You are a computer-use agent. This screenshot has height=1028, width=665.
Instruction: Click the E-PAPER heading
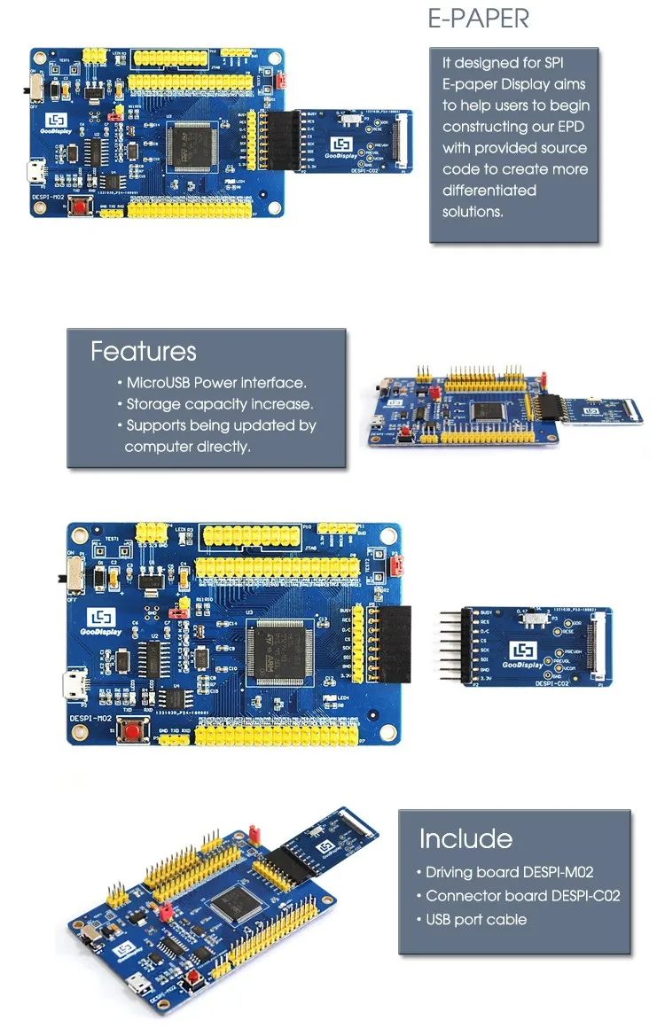tap(479, 19)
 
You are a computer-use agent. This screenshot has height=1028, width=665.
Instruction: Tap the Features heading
tap(143, 351)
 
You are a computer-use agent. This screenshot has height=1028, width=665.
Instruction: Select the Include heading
tap(465, 838)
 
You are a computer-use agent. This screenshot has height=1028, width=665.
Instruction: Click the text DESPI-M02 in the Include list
tap(559, 872)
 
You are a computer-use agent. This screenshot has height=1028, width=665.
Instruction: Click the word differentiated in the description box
tap(489, 191)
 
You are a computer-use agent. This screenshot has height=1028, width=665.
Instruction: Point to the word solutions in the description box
tap(473, 212)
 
